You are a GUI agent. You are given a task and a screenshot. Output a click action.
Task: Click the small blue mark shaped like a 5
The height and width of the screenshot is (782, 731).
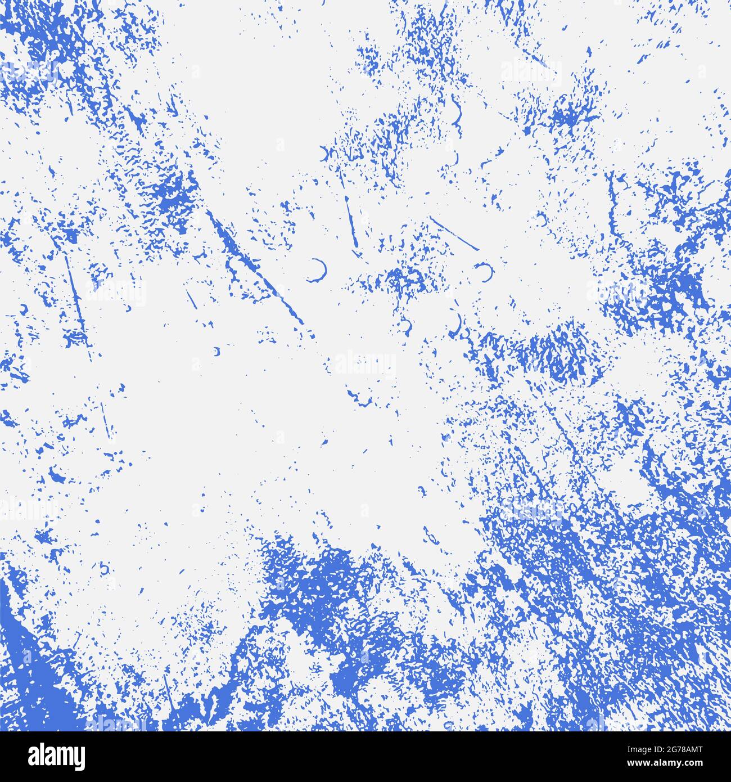[x=105, y=568]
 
